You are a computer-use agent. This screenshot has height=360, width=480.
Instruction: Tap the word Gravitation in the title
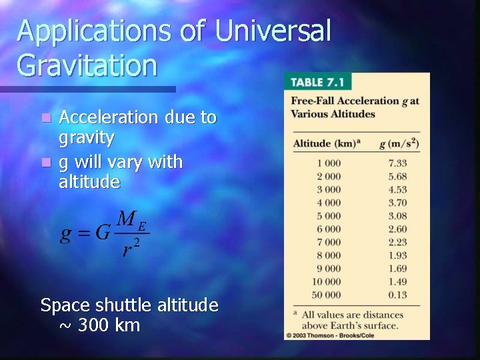point(87,65)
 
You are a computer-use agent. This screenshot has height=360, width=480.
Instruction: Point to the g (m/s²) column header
point(398,142)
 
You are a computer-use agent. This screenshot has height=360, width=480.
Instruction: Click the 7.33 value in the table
point(397,163)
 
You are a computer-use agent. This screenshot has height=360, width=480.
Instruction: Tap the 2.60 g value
point(397,229)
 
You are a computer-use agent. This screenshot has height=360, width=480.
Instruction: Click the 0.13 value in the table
point(397,295)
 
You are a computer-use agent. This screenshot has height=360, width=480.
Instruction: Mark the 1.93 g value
point(397,255)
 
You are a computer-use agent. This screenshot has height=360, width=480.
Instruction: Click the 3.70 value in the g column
point(397,203)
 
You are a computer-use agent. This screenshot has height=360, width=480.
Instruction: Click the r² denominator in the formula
point(129,247)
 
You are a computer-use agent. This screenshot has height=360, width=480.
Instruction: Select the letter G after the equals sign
point(103,234)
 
